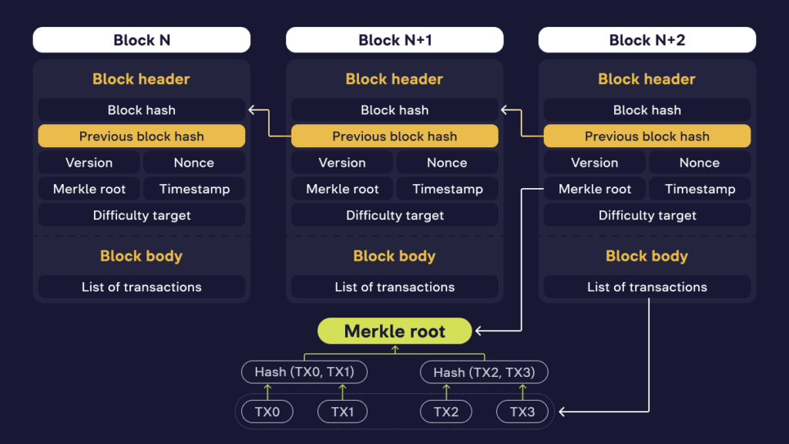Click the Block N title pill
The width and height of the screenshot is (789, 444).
click(142, 40)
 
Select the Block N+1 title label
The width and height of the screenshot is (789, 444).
click(394, 40)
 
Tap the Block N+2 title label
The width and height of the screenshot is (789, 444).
click(647, 40)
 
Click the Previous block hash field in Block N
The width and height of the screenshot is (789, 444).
click(142, 136)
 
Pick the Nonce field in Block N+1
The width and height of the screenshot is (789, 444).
click(447, 163)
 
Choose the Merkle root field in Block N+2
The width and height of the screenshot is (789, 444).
click(594, 189)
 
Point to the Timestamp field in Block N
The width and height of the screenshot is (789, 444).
click(194, 189)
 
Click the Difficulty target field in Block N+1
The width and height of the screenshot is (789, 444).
click(394, 215)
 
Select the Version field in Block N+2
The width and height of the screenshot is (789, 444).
click(594, 163)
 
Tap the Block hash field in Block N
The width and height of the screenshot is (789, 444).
click(142, 110)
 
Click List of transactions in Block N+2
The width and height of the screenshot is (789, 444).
click(647, 287)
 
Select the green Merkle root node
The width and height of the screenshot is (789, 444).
click(394, 331)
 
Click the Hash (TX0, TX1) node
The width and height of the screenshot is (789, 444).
click(304, 372)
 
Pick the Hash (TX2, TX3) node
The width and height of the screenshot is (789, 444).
click(484, 372)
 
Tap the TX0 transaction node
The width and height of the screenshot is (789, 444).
click(267, 412)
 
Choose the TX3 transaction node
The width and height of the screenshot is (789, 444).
click(522, 412)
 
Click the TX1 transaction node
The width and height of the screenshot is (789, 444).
click(343, 412)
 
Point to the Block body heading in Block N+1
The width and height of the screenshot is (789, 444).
click(394, 256)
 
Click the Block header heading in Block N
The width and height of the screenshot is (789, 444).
click(142, 79)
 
